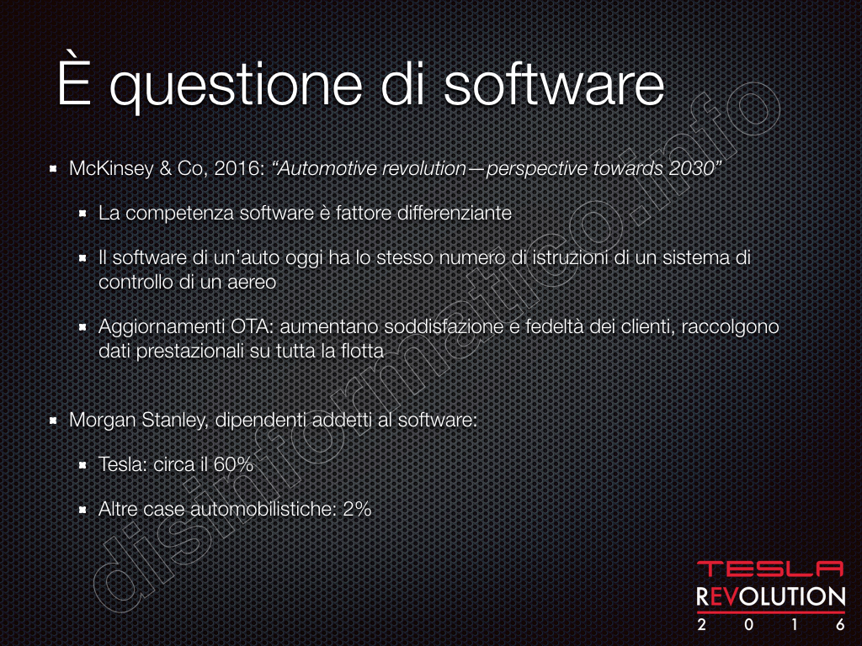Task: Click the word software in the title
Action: [554, 86]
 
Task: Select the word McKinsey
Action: [111, 168]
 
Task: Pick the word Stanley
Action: [174, 421]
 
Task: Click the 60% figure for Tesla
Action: [233, 464]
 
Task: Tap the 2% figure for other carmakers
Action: [357, 509]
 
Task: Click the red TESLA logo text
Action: [770, 569]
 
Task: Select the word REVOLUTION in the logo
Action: [771, 597]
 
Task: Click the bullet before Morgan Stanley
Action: [53, 421]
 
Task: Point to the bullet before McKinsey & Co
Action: [53, 168]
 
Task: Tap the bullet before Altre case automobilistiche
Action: [82, 510]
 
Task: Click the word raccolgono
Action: [730, 327]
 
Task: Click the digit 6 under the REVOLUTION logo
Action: [840, 625]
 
